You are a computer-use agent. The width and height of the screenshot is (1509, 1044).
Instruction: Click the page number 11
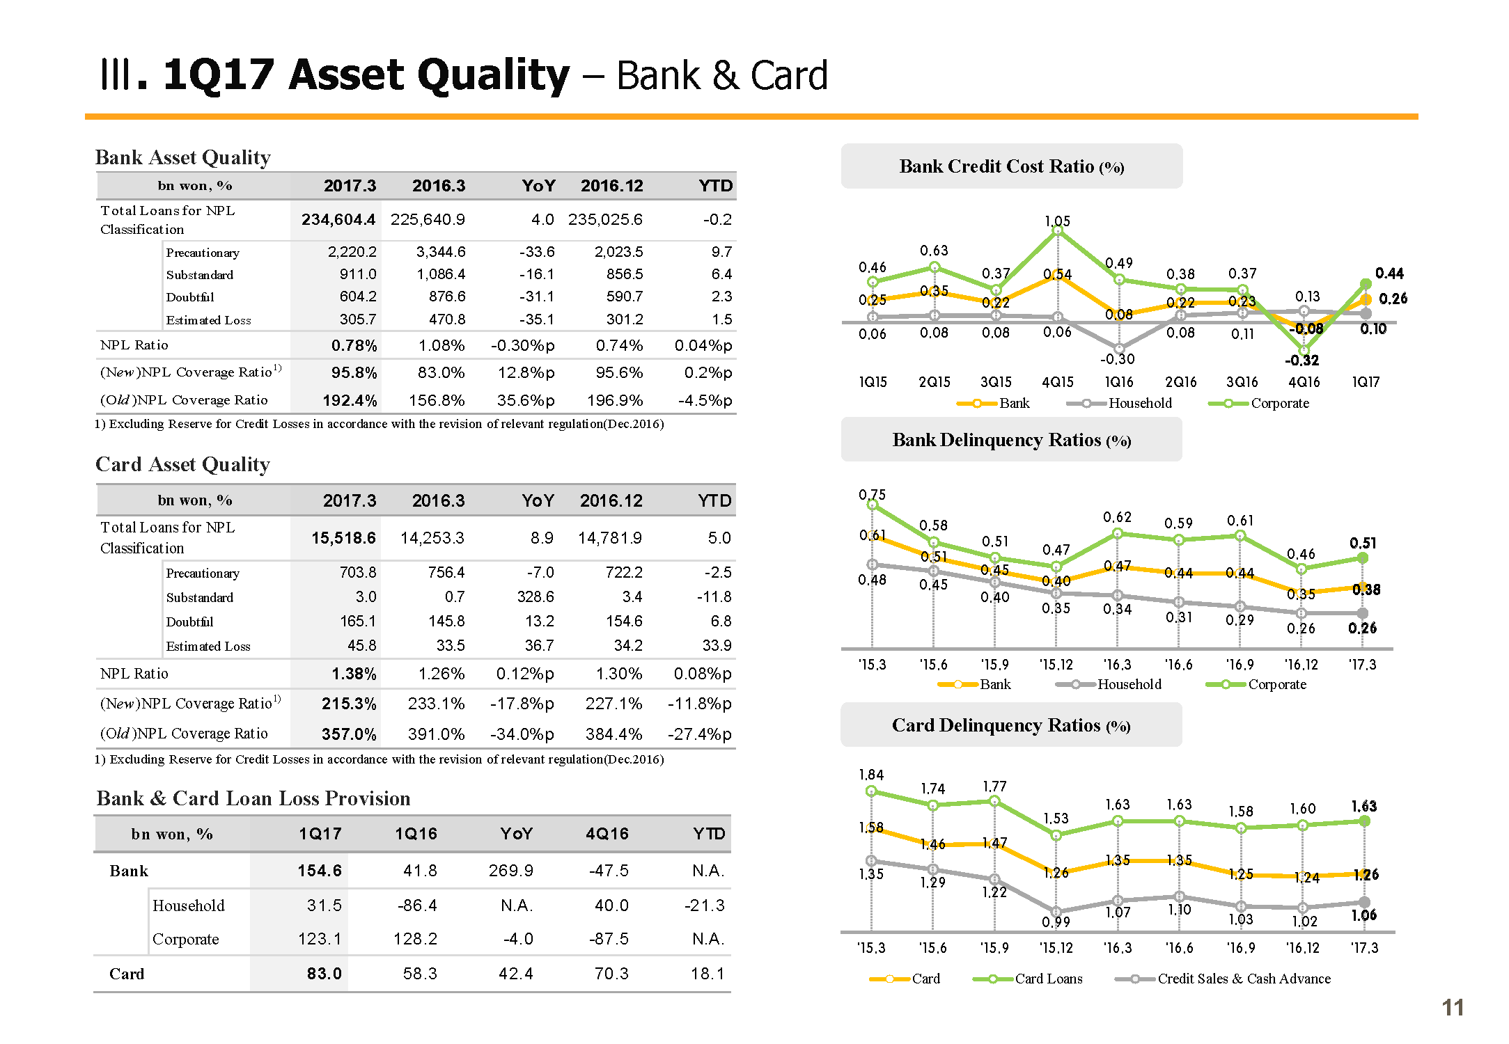(x=1453, y=1008)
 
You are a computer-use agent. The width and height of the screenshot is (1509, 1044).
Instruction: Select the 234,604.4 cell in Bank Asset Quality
(x=338, y=220)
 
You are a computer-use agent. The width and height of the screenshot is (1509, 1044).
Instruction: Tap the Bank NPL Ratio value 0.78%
(x=354, y=345)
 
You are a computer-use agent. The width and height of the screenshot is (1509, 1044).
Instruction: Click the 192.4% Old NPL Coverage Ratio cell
(x=350, y=401)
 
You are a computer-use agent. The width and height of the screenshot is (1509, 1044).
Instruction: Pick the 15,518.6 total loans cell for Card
(x=343, y=538)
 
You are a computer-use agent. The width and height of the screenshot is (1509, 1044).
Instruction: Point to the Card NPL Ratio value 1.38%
(x=354, y=674)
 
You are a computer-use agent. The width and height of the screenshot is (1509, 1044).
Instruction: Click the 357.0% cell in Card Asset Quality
(x=349, y=734)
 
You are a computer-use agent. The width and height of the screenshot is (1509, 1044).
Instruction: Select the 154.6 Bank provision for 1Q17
(x=320, y=871)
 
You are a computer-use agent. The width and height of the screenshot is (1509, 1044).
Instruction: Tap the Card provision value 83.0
(x=324, y=974)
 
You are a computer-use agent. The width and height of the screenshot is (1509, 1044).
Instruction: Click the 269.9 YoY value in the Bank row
(x=510, y=871)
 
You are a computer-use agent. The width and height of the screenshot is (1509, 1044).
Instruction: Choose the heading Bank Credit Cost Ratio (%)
(x=1011, y=166)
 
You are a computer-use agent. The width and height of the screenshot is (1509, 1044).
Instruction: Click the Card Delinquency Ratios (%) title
(x=1011, y=725)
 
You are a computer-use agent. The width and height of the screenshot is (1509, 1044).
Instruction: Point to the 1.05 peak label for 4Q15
(x=1057, y=221)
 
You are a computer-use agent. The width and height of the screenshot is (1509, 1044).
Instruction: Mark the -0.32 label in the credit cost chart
(x=1301, y=361)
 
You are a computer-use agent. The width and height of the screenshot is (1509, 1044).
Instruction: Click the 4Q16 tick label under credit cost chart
(x=1304, y=382)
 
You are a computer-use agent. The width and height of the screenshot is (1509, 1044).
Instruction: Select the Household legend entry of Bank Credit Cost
(x=1139, y=403)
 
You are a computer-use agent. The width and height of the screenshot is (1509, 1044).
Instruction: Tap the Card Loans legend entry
(x=1048, y=979)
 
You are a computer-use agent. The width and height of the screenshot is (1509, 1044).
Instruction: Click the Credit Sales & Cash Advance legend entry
(x=1244, y=979)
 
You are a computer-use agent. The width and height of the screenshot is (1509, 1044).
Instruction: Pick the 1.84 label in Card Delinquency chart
(x=871, y=775)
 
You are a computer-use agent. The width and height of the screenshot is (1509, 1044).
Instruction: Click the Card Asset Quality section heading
(x=182, y=464)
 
